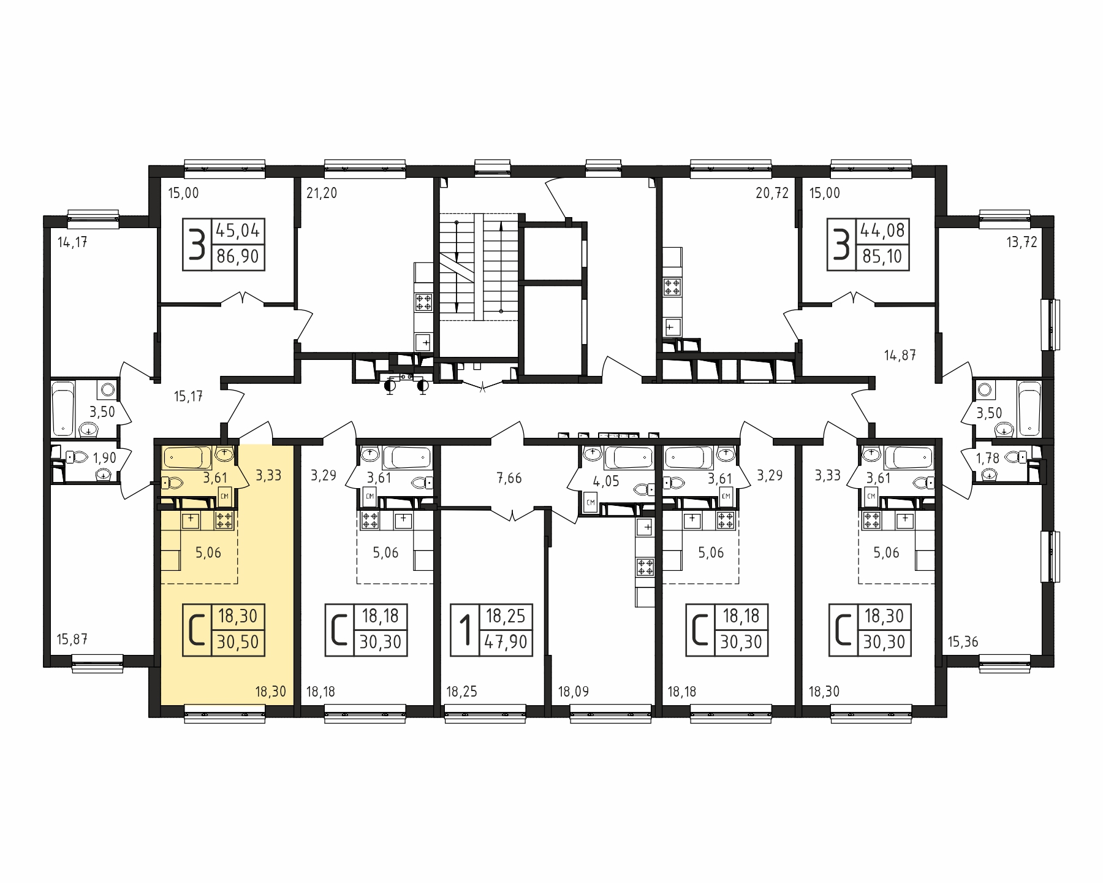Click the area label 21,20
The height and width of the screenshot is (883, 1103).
pyautogui.click(x=322, y=193)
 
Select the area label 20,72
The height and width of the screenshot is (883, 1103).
pyautogui.click(x=772, y=193)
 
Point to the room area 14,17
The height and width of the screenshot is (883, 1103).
pyautogui.click(x=72, y=242)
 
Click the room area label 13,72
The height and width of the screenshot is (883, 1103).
pyautogui.click(x=1022, y=242)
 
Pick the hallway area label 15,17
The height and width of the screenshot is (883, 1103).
pyautogui.click(x=188, y=397)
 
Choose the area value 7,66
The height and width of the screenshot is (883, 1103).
pyautogui.click(x=509, y=478)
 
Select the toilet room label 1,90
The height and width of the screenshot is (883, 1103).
pyautogui.click(x=104, y=457)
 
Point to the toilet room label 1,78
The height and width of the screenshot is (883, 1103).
pyautogui.click(x=988, y=457)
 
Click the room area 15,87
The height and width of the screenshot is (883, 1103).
pyautogui.click(x=72, y=640)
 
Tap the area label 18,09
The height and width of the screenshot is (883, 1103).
pyautogui.click(x=574, y=692)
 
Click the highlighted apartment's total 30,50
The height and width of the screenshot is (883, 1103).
pyautogui.click(x=238, y=642)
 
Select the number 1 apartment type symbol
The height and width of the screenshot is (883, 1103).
pyautogui.click(x=466, y=632)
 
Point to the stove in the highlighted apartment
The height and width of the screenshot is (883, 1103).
pyautogui.click(x=224, y=521)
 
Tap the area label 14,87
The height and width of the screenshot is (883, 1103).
pyautogui.click(x=900, y=355)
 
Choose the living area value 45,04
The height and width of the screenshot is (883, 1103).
pyautogui.click(x=238, y=231)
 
